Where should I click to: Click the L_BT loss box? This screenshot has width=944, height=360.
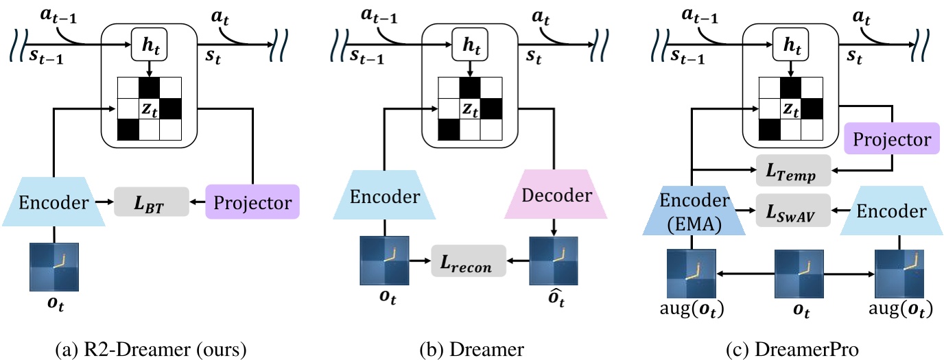pos(151,202)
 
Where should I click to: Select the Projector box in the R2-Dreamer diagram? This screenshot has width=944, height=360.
pos(253,202)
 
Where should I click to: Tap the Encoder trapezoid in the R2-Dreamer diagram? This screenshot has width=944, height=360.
pos(53,202)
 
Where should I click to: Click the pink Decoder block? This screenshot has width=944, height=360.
pos(557,195)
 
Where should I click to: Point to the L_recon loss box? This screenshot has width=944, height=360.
pos(468,261)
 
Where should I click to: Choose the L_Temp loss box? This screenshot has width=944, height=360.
pos(793,170)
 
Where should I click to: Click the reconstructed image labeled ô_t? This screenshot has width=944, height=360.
pos(553,262)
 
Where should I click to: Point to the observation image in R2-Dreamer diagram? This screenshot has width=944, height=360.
pos(53,262)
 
